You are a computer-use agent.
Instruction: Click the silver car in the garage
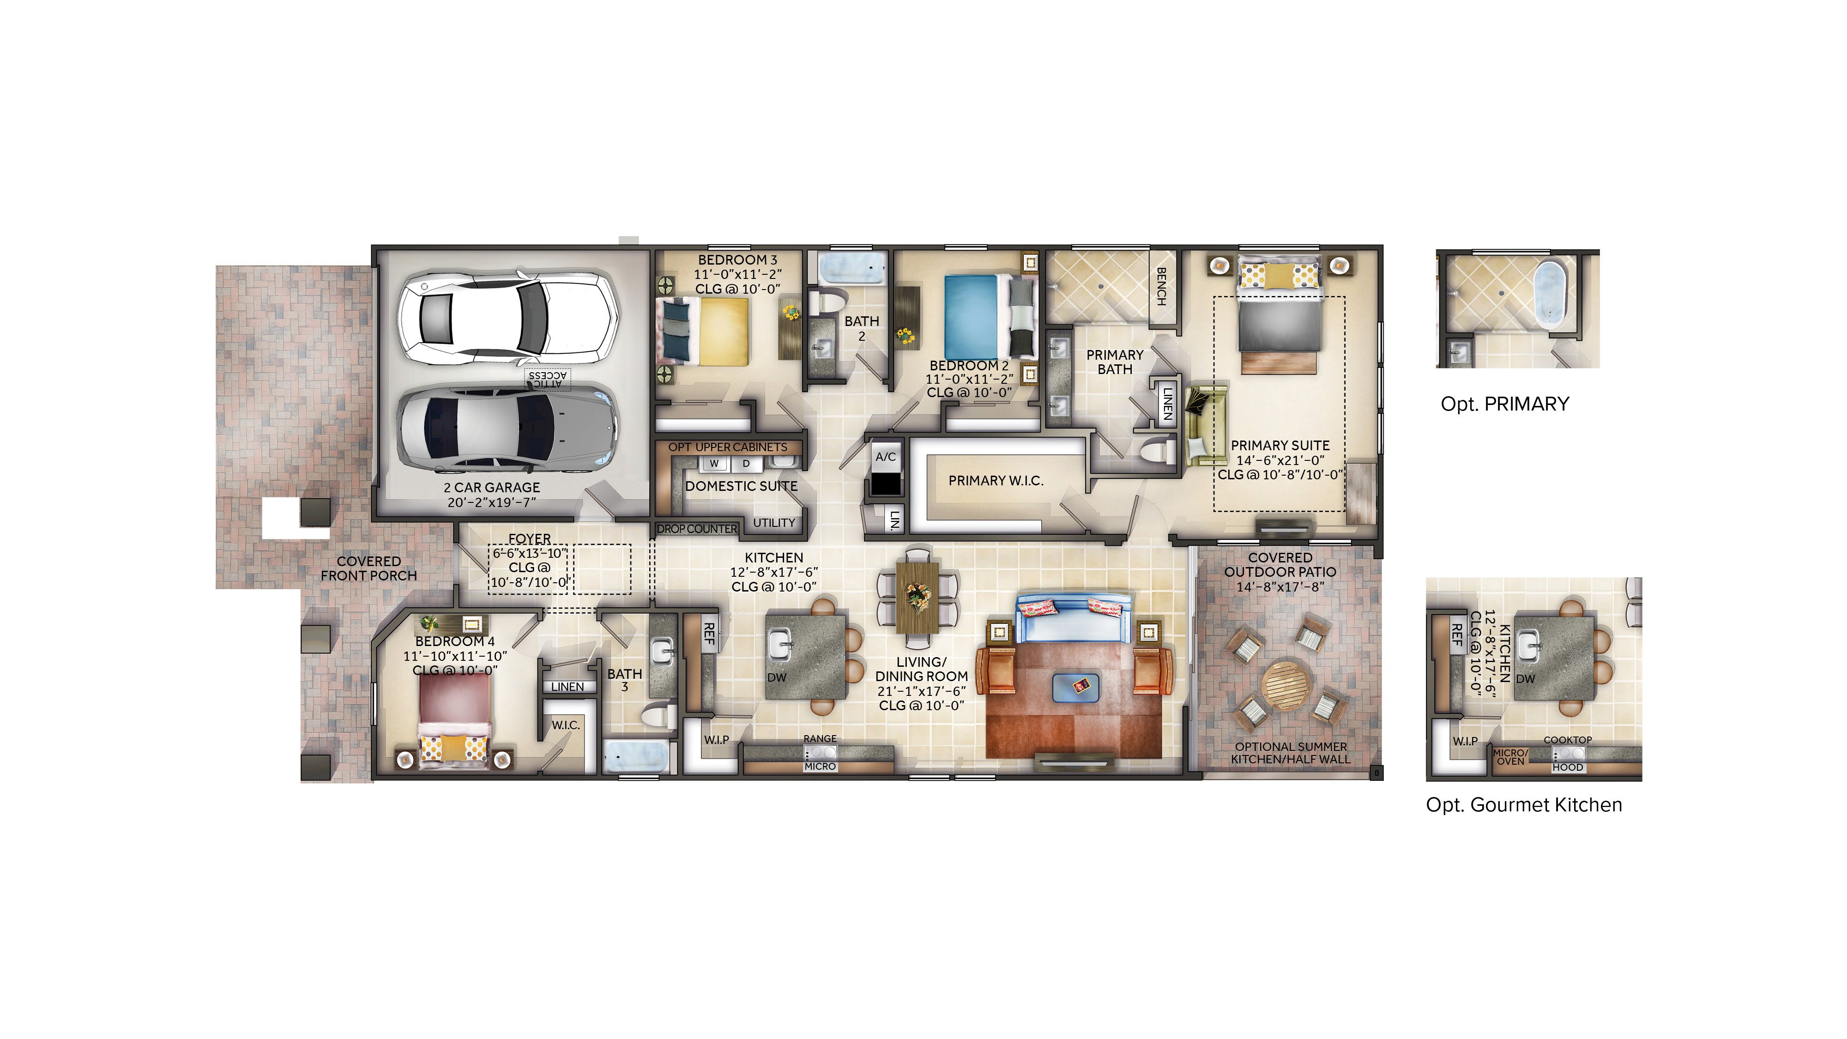[x=506, y=429]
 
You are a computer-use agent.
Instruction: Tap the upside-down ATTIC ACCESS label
[x=548, y=379]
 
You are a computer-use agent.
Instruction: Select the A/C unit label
[x=886, y=457]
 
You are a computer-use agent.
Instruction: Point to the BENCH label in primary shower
[x=1161, y=286]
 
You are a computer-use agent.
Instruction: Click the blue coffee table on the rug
[x=1076, y=688]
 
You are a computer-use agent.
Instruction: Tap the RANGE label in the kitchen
[x=820, y=738]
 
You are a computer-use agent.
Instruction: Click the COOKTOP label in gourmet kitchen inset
[x=1567, y=740]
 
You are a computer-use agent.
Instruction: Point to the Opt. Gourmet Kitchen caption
[x=1524, y=805]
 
